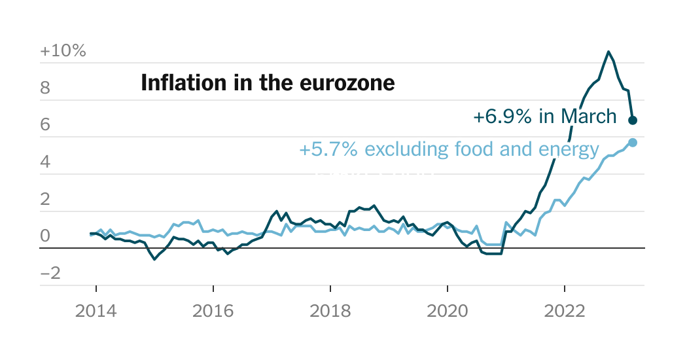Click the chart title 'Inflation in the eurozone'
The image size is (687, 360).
click(268, 83)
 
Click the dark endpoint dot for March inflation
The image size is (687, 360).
click(633, 120)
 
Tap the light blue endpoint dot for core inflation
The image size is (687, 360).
click(633, 143)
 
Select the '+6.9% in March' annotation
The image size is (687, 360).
click(544, 117)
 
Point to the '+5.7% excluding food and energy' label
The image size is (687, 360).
click(449, 150)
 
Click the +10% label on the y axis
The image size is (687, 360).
click(63, 51)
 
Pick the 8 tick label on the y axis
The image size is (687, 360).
click(45, 88)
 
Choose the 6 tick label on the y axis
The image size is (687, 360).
click(45, 125)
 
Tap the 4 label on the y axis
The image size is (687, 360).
click(45, 162)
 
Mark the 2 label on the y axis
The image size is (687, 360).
click(45, 199)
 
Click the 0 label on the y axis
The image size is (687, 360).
click(45, 236)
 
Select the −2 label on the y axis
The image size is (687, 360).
click(50, 274)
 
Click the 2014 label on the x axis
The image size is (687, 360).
click(96, 311)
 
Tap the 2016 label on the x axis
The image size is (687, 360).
click(213, 311)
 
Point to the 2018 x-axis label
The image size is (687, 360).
click(330, 311)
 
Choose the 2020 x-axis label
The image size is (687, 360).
click(448, 311)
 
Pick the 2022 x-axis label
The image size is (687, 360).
click(565, 311)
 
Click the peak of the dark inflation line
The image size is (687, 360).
click(608, 51)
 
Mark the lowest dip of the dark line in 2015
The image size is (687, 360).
click(154, 259)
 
